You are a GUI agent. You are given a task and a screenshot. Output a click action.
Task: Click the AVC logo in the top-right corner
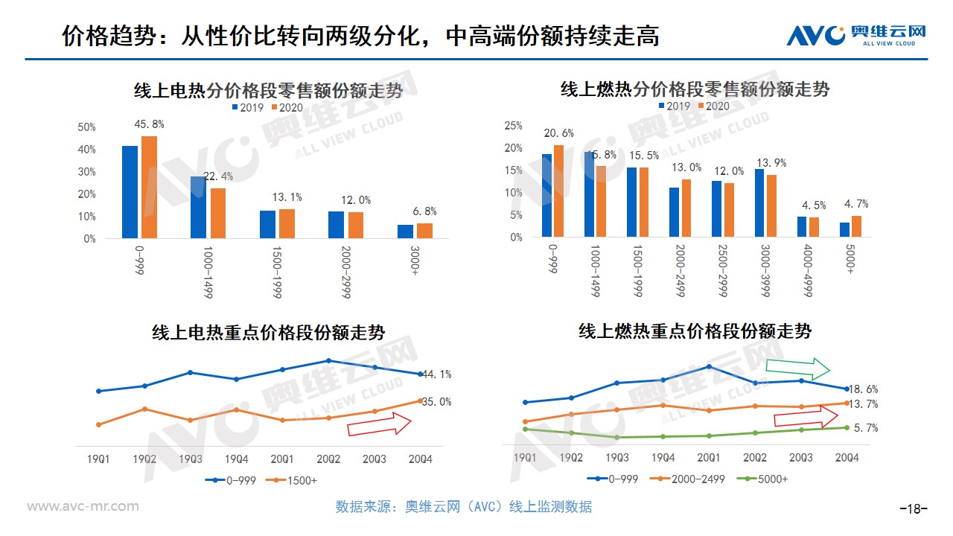[x=856, y=34]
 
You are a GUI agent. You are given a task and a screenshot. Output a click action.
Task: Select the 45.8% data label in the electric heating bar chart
[x=149, y=124]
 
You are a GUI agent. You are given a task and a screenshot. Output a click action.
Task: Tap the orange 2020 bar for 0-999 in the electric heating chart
[x=149, y=187]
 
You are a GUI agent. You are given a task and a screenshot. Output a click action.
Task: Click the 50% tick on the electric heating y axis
[x=87, y=127]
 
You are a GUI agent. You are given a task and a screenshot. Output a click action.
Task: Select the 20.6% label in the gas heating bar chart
[x=559, y=133]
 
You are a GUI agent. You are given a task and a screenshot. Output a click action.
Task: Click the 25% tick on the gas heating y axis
[x=513, y=126]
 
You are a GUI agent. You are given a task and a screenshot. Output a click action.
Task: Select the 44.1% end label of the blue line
[x=436, y=374]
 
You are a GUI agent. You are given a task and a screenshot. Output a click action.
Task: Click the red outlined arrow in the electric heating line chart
[x=379, y=425]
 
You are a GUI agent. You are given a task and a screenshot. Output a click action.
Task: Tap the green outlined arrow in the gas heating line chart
[x=797, y=368]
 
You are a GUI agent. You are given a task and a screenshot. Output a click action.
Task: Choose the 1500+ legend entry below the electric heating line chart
[x=296, y=480]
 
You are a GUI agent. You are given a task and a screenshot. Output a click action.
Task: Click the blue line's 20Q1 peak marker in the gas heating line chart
[x=709, y=366]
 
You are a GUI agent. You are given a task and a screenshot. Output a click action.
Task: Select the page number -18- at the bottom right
[x=914, y=509]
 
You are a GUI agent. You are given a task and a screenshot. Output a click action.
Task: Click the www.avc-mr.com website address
[x=83, y=506]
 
